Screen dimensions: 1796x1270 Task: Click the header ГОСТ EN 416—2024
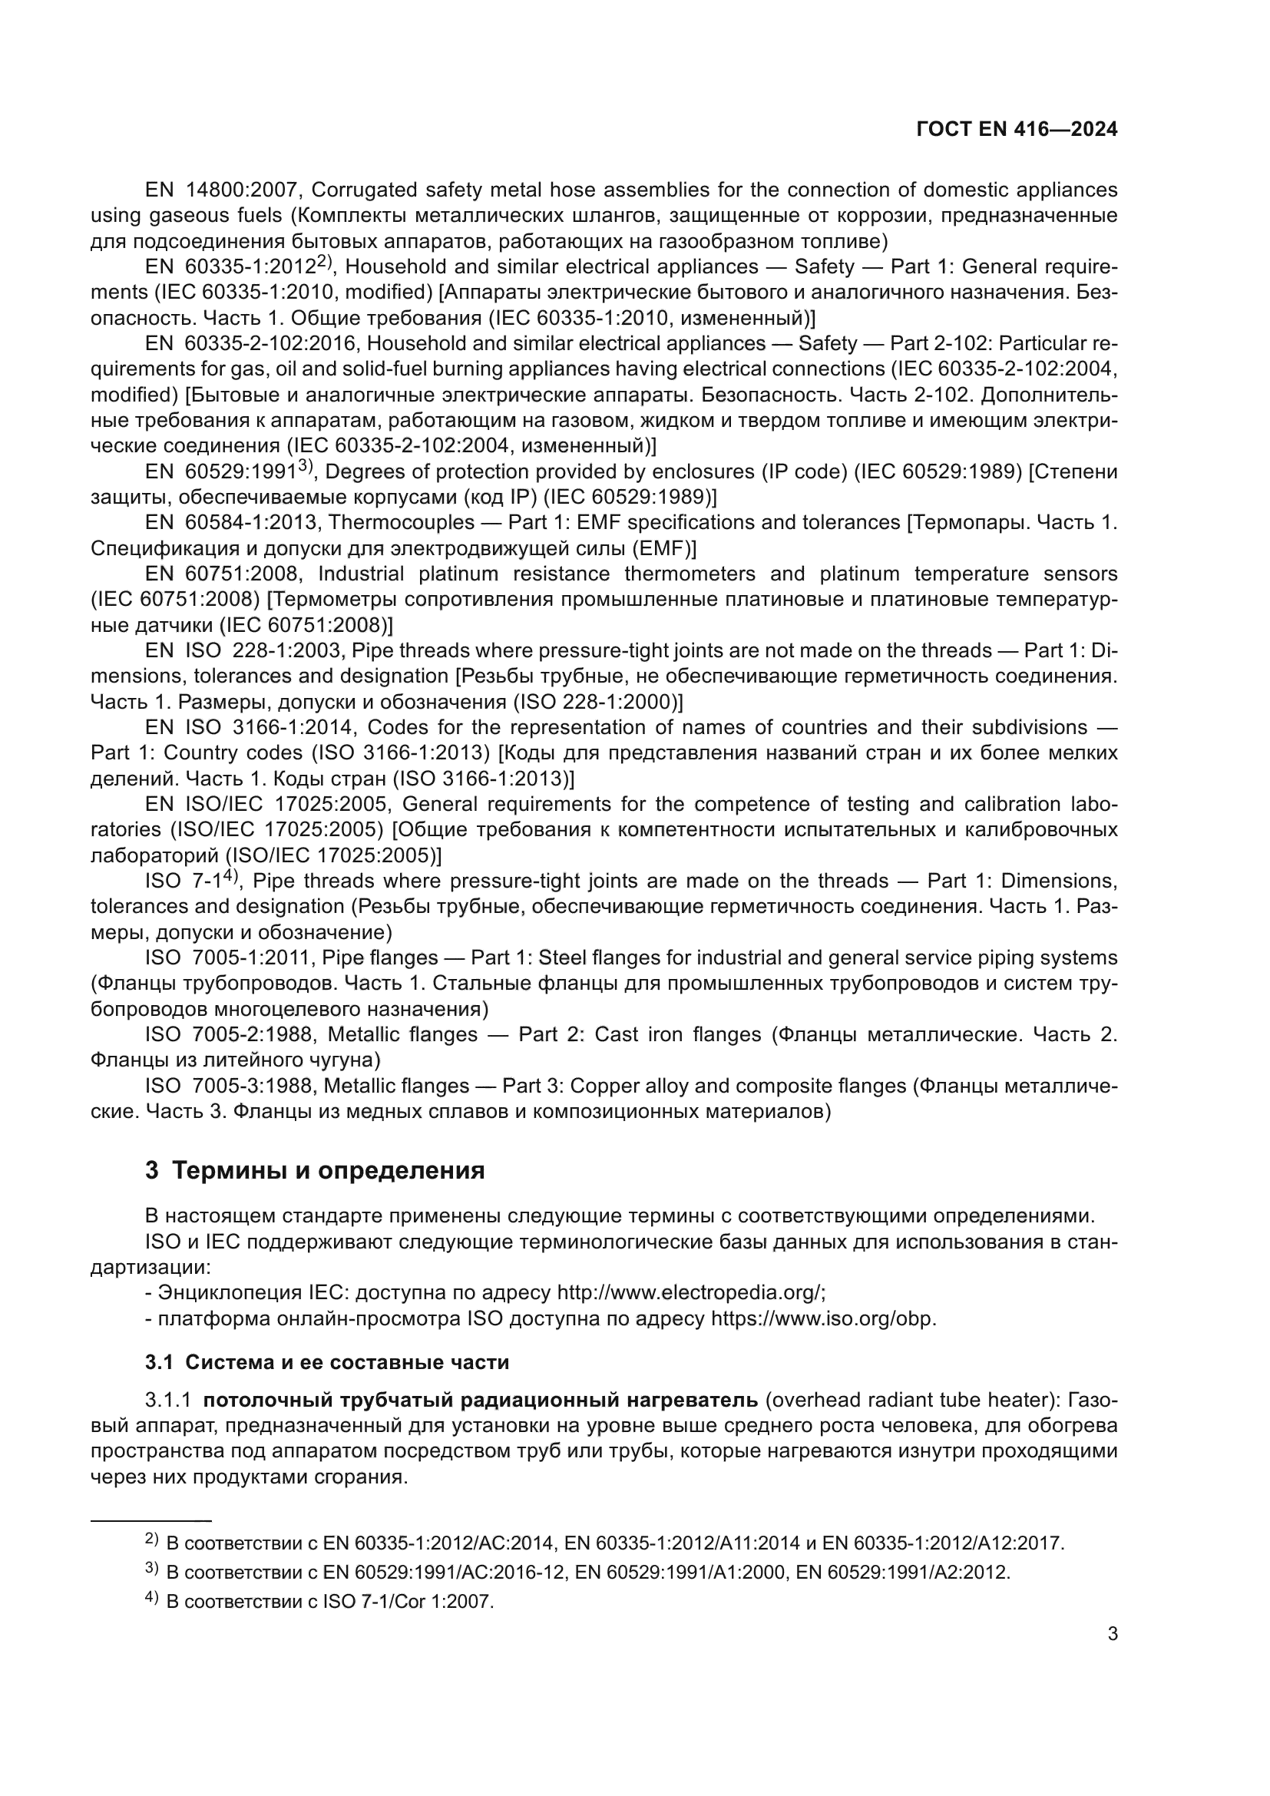point(1017,129)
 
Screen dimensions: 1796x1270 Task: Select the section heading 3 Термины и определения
point(314,1170)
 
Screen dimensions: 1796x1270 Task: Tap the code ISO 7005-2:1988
point(230,1035)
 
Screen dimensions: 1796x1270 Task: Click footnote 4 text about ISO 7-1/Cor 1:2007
point(330,1601)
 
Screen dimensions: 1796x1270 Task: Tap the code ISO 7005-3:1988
point(228,1086)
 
